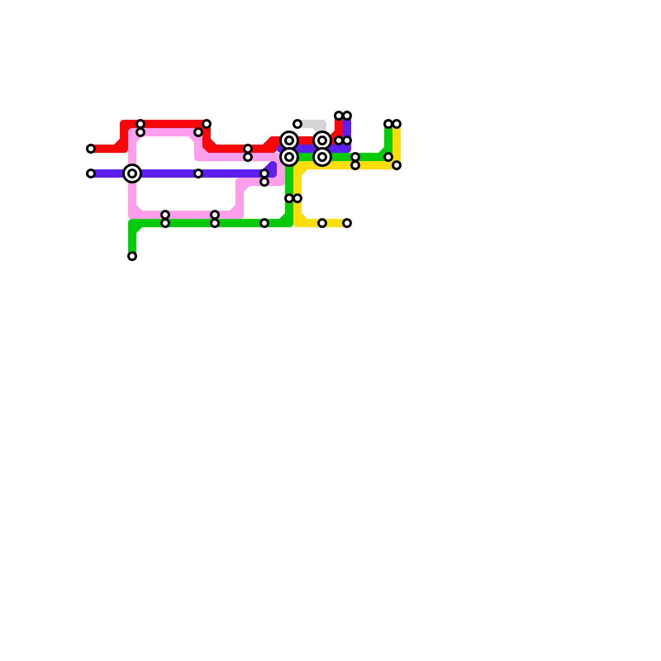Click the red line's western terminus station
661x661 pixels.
(x=91, y=149)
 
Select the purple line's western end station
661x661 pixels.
(x=91, y=174)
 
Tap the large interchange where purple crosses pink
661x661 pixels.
(x=132, y=174)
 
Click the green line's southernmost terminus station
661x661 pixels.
(x=132, y=256)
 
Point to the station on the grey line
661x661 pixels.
(x=297, y=124)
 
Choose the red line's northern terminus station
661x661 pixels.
(x=339, y=116)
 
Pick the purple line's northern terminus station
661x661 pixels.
(x=347, y=116)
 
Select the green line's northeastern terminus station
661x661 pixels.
(x=388, y=124)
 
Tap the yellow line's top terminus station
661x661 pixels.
(x=397, y=124)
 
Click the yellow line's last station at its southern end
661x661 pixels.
(x=347, y=223)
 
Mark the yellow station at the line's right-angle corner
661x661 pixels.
(x=397, y=165)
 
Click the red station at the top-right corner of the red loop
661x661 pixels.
(x=207, y=124)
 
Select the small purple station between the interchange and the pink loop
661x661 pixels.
(x=198, y=174)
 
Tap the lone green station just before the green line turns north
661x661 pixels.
(x=264, y=223)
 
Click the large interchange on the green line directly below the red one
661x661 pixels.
(x=289, y=157)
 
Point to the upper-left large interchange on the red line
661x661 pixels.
(x=289, y=140)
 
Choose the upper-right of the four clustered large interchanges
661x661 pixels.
(x=322, y=140)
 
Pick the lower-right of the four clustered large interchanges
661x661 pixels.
(x=322, y=157)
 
